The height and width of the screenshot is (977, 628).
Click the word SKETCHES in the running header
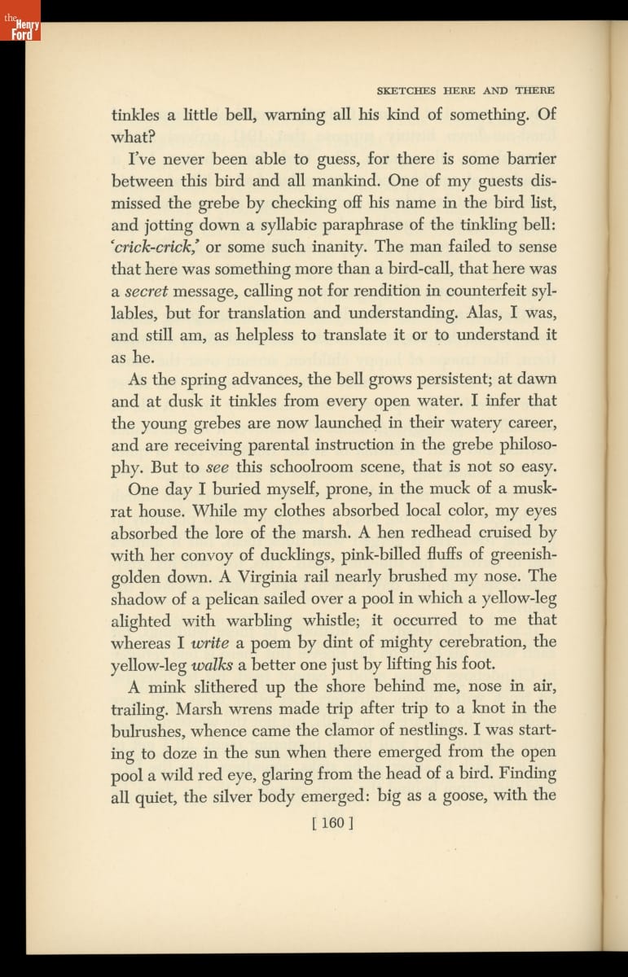[x=395, y=90]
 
